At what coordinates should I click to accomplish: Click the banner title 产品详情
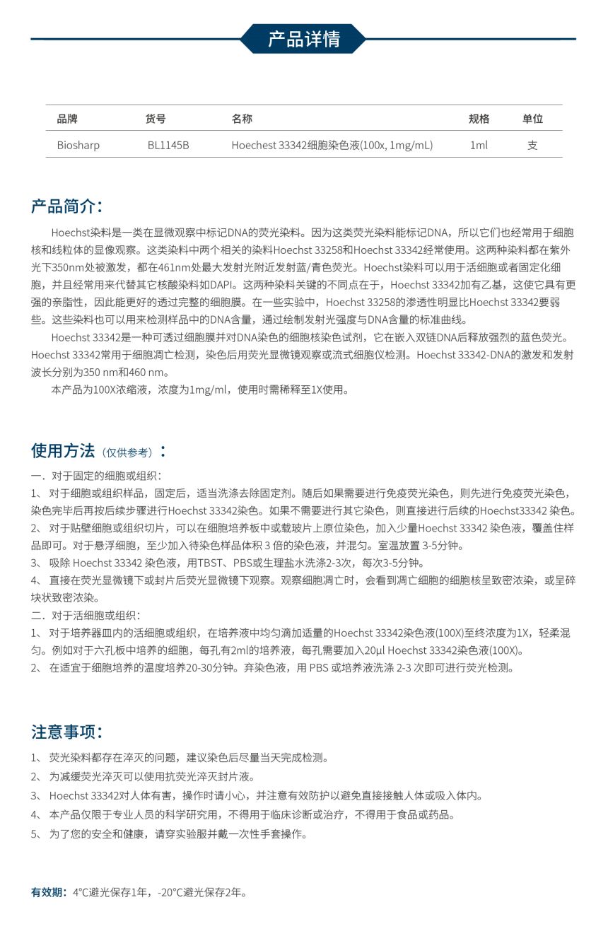point(303,39)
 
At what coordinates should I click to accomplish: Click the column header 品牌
point(67,119)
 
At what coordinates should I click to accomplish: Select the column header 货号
point(156,119)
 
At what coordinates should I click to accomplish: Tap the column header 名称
point(242,119)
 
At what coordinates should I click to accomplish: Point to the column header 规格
point(479,119)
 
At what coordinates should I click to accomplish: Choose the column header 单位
point(532,119)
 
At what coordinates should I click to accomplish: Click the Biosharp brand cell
point(78,145)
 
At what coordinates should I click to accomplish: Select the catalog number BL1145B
point(168,145)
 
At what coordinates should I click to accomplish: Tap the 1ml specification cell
point(479,145)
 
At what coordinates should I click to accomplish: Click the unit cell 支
point(532,145)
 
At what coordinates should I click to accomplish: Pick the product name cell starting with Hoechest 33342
point(332,145)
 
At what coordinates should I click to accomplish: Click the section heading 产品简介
point(66,206)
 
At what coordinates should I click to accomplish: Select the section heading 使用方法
point(62,450)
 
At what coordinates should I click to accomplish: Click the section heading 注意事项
point(66,732)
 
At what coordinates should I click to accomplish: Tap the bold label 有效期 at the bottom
point(49,892)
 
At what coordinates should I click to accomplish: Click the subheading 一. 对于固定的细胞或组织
point(96,476)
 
